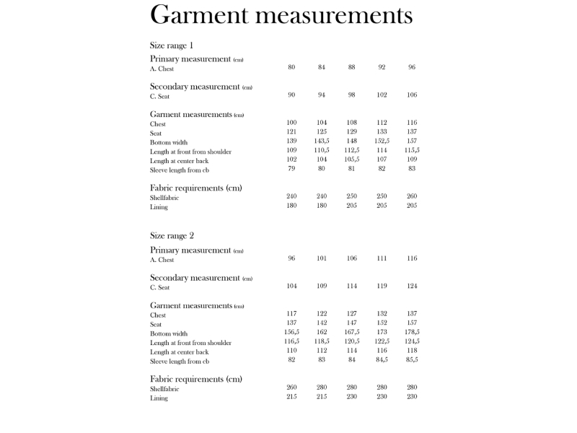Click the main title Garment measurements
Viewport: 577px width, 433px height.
coord(281,14)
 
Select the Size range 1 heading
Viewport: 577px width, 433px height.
coord(172,45)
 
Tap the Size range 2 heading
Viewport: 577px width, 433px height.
coord(172,236)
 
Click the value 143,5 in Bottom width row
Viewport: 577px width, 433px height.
coord(322,141)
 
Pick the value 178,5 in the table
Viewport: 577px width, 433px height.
coord(412,332)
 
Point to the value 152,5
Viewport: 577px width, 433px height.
coord(382,141)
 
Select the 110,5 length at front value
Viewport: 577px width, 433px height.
coord(322,150)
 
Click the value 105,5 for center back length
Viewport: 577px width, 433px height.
coord(351,159)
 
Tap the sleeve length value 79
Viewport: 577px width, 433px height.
coord(291,169)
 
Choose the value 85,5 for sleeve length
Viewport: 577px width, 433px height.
coord(412,359)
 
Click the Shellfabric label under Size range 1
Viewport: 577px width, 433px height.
coord(164,198)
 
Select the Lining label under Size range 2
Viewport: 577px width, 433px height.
coord(159,398)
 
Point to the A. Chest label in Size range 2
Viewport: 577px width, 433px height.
coord(162,260)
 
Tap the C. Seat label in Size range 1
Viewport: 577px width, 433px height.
coord(160,96)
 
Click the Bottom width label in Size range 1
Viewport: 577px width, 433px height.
coord(169,142)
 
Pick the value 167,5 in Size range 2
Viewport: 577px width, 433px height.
coord(351,332)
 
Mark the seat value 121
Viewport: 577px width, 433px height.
coord(291,131)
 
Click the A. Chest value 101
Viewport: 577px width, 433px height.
coord(322,258)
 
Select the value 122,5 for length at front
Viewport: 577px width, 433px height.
coord(382,341)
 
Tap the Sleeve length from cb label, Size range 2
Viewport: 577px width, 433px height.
coord(180,361)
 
